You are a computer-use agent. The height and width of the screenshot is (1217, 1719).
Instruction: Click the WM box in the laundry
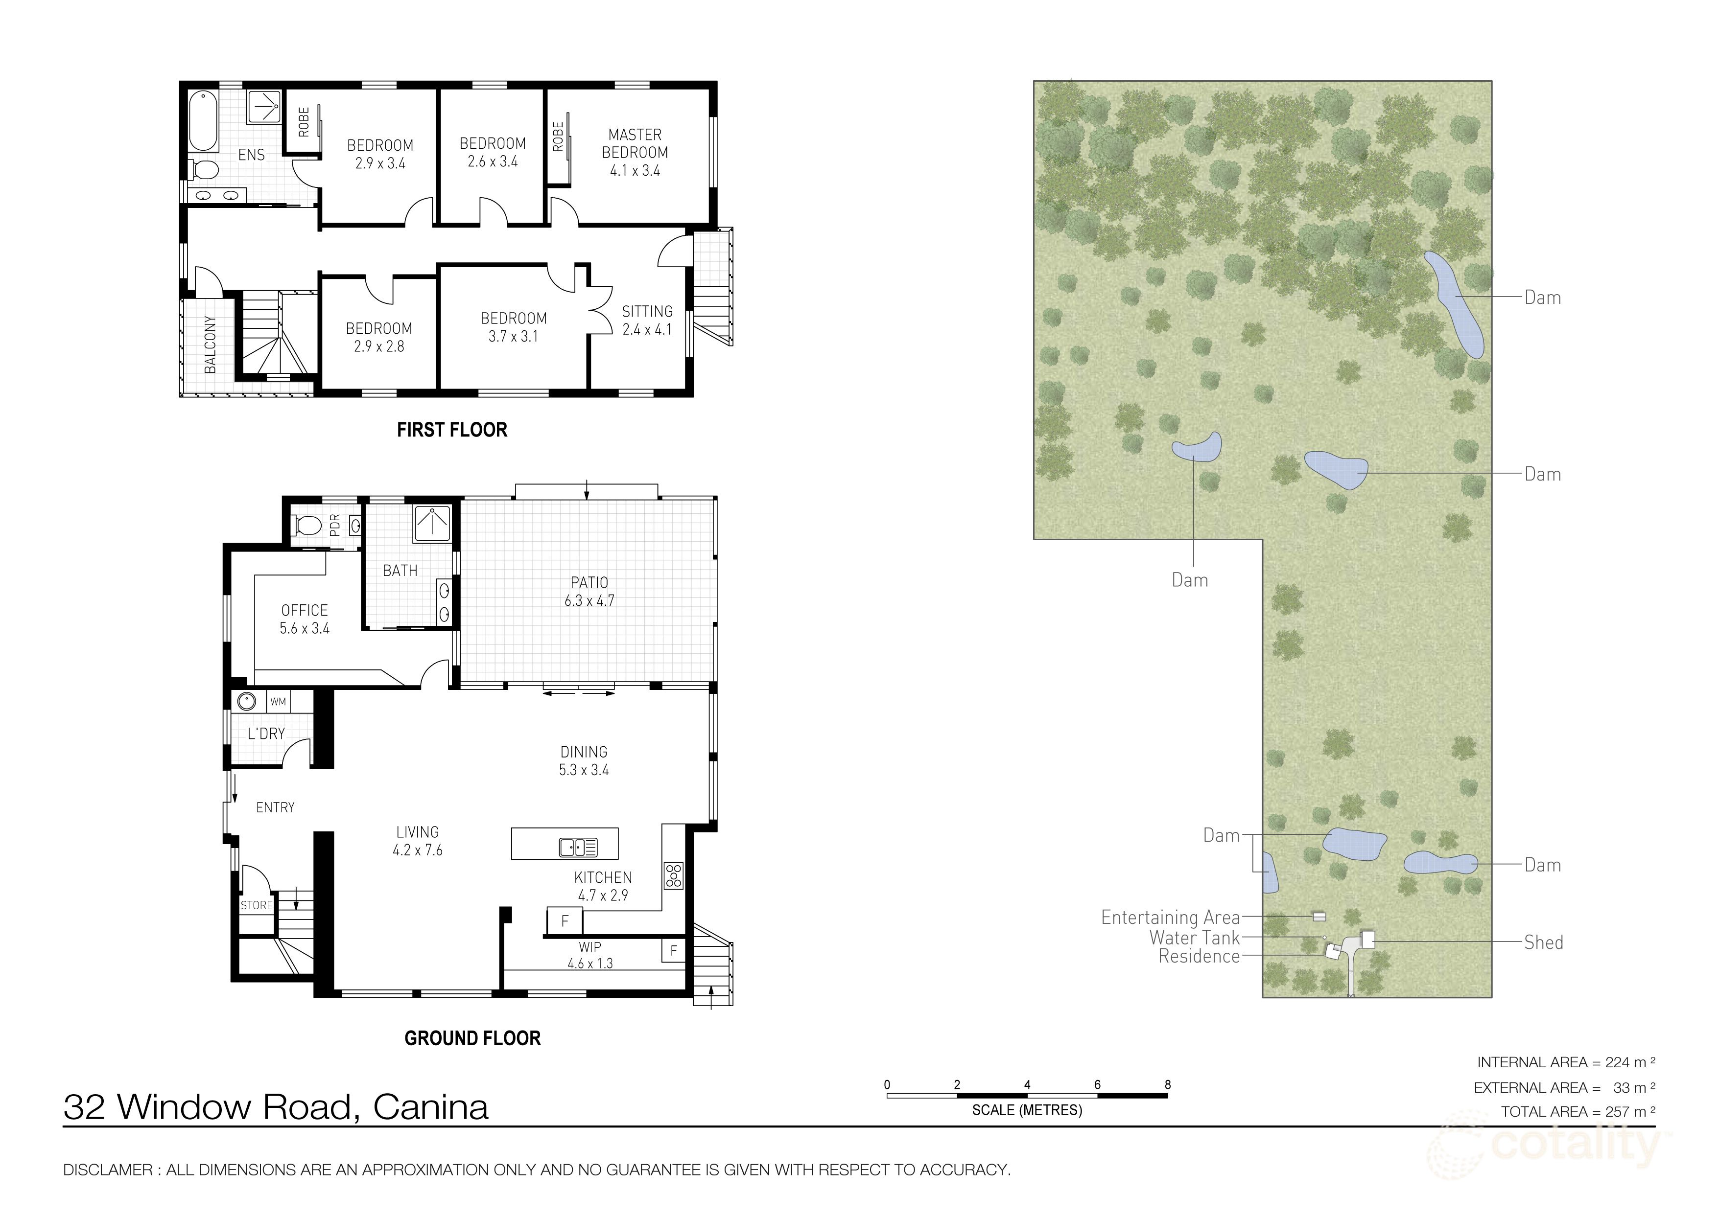click(x=278, y=702)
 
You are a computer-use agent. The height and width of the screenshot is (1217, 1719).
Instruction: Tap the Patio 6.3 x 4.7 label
click(x=589, y=591)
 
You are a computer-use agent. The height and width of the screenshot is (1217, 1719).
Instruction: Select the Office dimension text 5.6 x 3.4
click(x=305, y=629)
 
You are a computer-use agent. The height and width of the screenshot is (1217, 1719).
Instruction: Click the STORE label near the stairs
click(x=257, y=905)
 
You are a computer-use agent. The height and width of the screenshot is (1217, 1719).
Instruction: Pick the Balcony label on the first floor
click(x=211, y=344)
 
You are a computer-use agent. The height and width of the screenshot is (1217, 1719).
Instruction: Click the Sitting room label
click(x=647, y=312)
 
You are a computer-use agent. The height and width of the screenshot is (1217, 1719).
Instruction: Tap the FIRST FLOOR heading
click(x=452, y=430)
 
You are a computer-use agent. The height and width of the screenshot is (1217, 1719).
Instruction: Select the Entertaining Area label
click(x=1170, y=917)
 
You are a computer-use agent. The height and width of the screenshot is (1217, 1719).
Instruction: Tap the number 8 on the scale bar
click(x=1167, y=1084)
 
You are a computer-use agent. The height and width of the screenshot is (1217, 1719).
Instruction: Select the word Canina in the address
click(x=430, y=1107)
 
